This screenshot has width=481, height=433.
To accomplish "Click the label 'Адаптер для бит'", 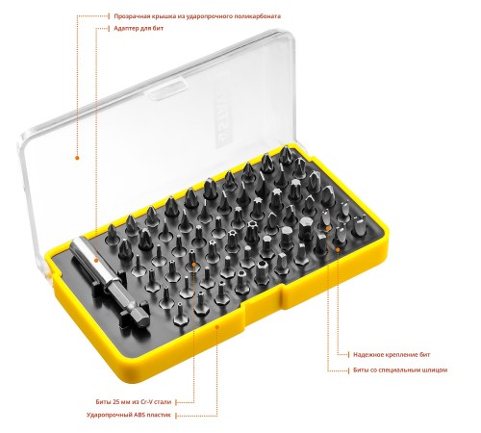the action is [x=139, y=28].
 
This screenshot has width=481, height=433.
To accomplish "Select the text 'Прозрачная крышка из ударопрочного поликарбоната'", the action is [x=197, y=16].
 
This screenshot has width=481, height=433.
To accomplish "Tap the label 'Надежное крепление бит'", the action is [x=392, y=354].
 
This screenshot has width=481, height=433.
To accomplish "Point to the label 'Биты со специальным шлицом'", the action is [x=400, y=369].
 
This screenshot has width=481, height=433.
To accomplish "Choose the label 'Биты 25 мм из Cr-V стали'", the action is [x=134, y=401].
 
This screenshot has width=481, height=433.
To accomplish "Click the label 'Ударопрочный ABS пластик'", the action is [x=128, y=415].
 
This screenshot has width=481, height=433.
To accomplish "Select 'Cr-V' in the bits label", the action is [x=147, y=401].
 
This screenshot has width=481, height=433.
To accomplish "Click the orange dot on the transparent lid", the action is [x=77, y=158].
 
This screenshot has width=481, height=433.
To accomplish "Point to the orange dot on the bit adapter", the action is [x=96, y=261].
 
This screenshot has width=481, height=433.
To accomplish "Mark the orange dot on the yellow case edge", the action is [x=217, y=327].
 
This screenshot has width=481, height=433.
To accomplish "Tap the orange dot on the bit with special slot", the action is [x=328, y=228].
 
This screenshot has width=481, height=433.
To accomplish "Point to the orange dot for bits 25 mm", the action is [x=194, y=264].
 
